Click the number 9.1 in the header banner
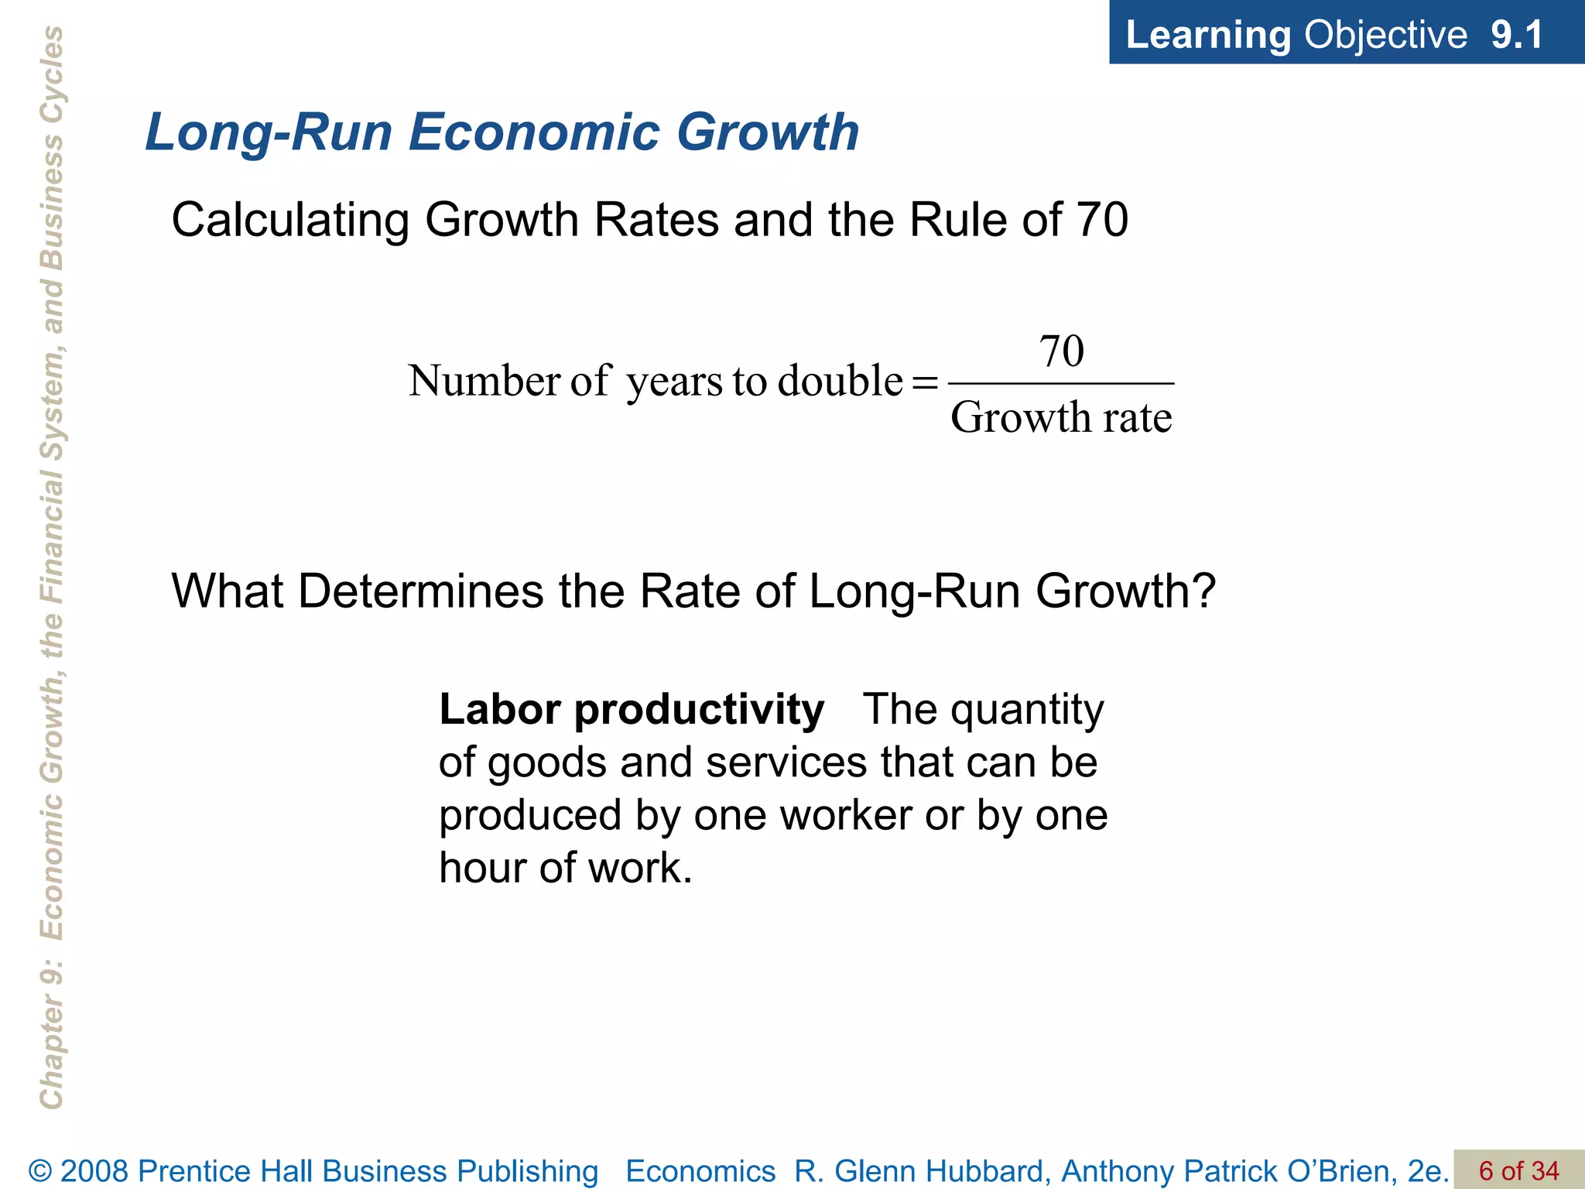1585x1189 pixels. [x=1516, y=35]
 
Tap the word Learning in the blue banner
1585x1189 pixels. [x=1208, y=35]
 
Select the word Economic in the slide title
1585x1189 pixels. [x=534, y=132]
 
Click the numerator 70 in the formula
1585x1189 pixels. [x=1061, y=351]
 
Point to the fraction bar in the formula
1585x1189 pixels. [x=1061, y=383]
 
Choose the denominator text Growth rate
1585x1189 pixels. [x=1061, y=418]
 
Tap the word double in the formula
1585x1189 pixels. [x=840, y=380]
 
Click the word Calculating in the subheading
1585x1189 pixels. [x=290, y=220]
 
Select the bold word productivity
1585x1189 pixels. [x=699, y=710]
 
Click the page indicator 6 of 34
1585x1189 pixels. [x=1518, y=1170]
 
